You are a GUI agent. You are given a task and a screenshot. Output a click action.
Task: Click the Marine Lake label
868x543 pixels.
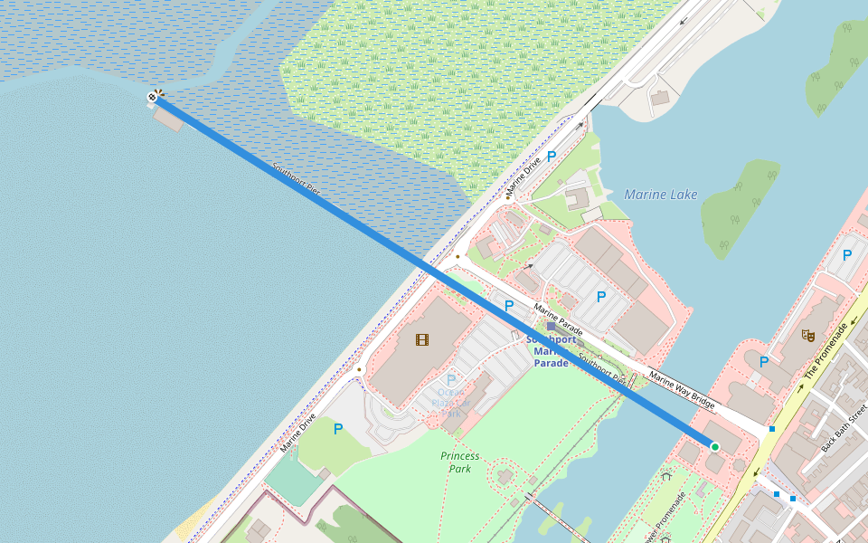660,195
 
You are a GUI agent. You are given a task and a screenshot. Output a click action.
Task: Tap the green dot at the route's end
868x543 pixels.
714,447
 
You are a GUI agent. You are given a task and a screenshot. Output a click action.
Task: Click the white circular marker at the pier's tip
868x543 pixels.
153,97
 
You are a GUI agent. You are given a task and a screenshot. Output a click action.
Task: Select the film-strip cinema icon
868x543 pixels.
421,339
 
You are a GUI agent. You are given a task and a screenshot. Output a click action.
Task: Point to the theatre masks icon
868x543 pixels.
809,335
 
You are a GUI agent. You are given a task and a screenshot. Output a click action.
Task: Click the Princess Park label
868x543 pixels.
459,462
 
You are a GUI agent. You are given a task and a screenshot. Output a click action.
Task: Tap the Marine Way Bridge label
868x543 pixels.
682,389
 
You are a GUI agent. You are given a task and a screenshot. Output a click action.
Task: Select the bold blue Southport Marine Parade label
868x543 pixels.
552,351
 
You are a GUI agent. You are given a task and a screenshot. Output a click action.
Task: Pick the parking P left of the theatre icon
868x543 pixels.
764,362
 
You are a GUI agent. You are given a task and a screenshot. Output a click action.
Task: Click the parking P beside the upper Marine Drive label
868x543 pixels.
551,157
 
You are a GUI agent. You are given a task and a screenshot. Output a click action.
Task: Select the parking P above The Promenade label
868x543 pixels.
847,255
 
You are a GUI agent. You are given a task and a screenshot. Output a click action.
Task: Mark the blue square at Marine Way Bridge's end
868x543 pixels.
771,429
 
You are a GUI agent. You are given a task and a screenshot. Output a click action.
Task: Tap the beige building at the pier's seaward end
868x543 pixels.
169,117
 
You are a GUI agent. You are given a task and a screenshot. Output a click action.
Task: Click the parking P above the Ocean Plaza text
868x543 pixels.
451,381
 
